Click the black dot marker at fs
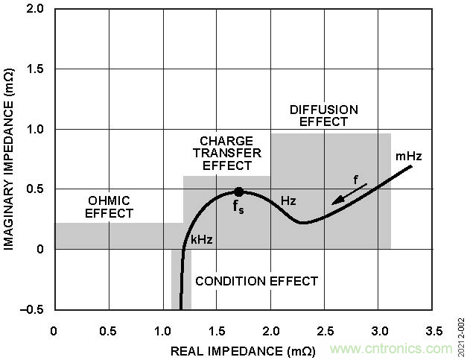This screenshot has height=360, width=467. (x=239, y=192)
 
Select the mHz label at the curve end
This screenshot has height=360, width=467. (x=409, y=157)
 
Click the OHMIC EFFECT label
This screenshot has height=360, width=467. (x=109, y=206)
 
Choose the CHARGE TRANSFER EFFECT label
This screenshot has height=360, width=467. (x=227, y=153)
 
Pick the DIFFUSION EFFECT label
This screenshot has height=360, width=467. (x=323, y=116)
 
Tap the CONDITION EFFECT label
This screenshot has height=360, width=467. (x=256, y=281)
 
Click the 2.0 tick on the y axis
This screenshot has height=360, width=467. (x=35, y=9)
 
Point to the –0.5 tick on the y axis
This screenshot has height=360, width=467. (x=33, y=309)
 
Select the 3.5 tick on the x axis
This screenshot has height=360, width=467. (x=435, y=330)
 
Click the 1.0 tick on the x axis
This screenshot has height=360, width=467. (x=163, y=330)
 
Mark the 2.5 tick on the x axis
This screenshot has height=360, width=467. (x=326, y=330)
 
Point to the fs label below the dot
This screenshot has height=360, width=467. (x=238, y=208)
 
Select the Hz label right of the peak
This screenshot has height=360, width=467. (x=288, y=201)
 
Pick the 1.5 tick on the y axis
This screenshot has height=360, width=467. (x=35, y=69)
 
